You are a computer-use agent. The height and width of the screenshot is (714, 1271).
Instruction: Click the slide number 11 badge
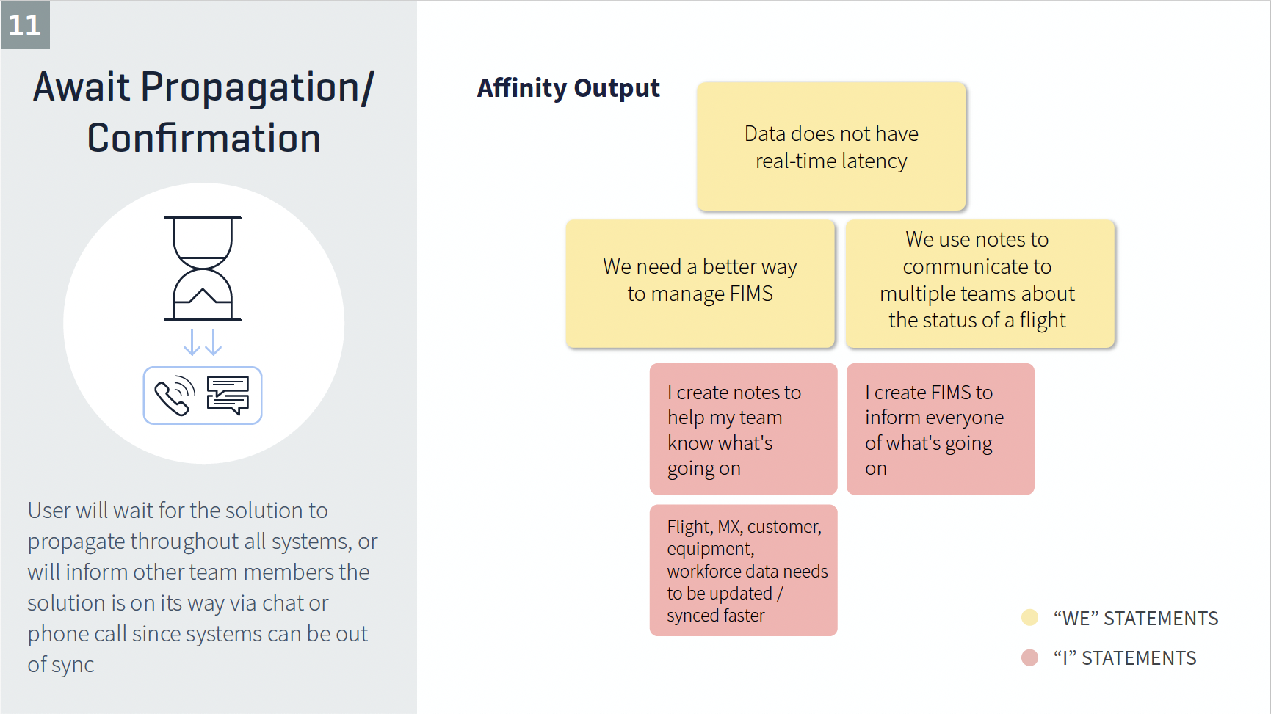tap(25, 25)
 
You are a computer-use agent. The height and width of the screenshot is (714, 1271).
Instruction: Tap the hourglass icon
tap(203, 269)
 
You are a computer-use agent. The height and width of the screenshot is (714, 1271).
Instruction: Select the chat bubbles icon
tap(228, 396)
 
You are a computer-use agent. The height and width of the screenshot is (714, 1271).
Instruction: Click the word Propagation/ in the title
tap(257, 88)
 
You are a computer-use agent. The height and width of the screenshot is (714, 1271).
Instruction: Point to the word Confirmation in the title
tap(204, 138)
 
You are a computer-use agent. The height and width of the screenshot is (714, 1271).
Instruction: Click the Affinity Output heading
tap(568, 88)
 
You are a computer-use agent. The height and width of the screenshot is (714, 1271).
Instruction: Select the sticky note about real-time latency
tap(831, 146)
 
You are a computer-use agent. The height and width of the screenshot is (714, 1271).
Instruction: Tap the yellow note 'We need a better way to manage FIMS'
tap(700, 283)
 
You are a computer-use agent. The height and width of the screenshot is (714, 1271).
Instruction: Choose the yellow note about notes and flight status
tap(979, 283)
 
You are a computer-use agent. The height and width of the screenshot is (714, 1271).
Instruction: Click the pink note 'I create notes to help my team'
tap(743, 429)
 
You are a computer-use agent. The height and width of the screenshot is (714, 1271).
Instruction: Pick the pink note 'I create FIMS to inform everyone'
tap(940, 429)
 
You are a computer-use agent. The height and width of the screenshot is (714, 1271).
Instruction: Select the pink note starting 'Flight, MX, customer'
tap(743, 570)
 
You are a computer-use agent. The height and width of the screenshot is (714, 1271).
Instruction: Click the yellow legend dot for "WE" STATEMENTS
tap(1029, 617)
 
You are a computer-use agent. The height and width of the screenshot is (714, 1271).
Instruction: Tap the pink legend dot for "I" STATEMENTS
tap(1029, 657)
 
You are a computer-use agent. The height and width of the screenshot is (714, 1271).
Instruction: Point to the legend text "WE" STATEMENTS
tap(1136, 619)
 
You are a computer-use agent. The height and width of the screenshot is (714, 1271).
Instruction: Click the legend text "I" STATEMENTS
tap(1125, 658)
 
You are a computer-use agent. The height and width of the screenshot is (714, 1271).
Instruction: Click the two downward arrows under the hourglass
tap(203, 342)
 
